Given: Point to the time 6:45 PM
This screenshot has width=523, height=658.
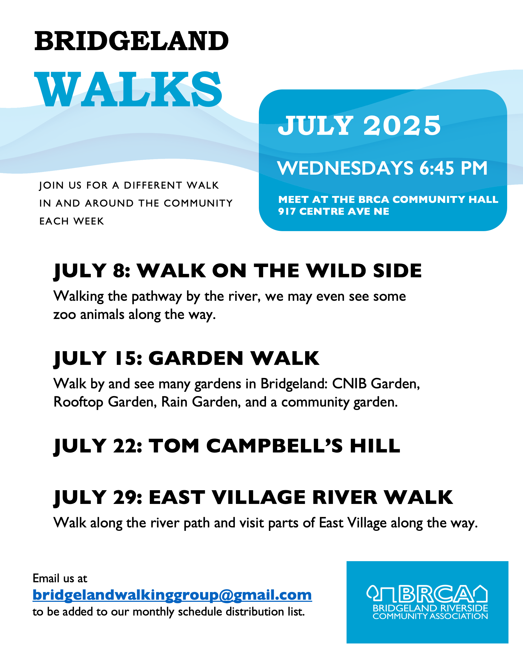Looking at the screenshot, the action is pos(453,168).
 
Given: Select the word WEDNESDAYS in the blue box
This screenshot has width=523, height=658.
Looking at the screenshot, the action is pos(345,168).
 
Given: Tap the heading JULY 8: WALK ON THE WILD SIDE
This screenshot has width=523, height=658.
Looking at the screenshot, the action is pos(238,271).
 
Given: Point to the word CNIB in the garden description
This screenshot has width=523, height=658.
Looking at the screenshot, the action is pos(349,384).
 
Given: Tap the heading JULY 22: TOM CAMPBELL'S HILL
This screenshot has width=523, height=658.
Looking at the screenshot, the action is pos(227,446).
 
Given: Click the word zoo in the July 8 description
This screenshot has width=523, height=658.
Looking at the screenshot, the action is pos(64,315).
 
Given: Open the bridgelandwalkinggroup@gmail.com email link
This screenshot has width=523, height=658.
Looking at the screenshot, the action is pos(172,595).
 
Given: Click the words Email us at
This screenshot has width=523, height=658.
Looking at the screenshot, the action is pos(60,578).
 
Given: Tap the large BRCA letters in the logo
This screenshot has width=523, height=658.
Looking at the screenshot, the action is pos(437,594).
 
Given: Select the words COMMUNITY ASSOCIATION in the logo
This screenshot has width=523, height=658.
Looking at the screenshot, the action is pos(430,616).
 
